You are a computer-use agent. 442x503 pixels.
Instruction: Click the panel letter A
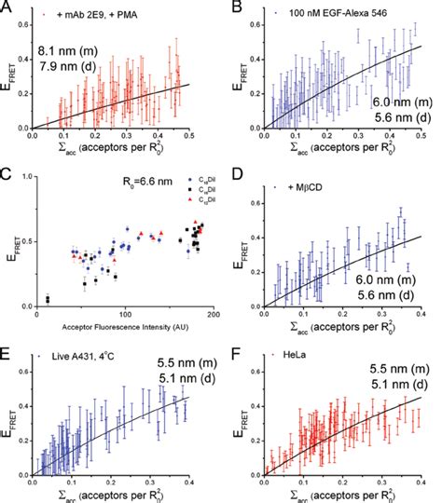(7, 7)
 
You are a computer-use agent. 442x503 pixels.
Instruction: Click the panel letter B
(230, 7)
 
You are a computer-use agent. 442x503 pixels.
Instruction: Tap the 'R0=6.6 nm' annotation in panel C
(120, 186)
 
